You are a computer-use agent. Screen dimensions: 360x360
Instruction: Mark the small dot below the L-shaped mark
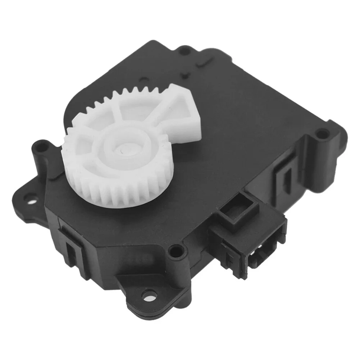[187, 75]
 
